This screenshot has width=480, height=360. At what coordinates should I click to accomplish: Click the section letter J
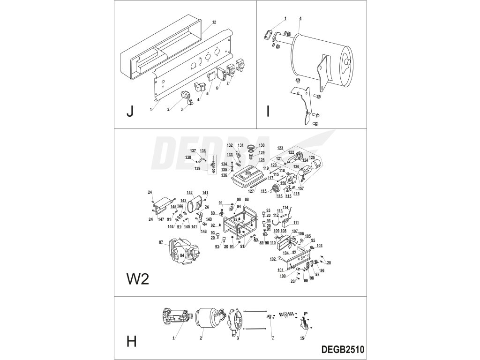(130, 112)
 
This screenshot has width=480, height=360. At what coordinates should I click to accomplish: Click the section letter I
(268, 112)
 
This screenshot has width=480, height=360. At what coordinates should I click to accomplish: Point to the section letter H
(132, 341)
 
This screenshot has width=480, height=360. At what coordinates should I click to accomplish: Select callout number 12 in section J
(214, 22)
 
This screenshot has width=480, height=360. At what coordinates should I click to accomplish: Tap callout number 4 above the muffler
(300, 18)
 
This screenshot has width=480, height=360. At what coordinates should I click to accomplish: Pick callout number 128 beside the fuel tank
(261, 160)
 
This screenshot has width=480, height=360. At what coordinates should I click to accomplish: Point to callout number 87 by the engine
(161, 242)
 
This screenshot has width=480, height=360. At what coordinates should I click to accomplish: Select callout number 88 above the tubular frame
(247, 199)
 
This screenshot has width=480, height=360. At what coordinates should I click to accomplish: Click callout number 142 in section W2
(189, 193)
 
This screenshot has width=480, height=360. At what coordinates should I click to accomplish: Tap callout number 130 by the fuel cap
(262, 145)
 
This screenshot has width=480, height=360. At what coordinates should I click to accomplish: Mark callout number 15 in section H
(303, 337)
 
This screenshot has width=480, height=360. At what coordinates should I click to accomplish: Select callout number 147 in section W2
(161, 219)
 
